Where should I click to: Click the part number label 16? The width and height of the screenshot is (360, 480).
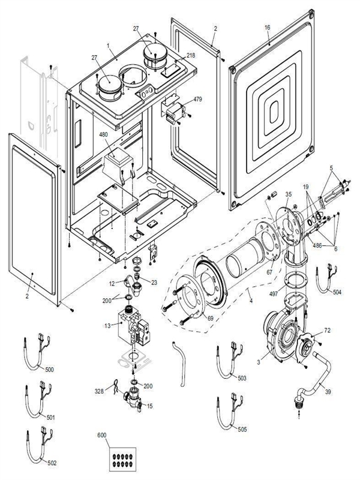[x=267, y=28]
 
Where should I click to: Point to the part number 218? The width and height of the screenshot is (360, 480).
[x=191, y=55]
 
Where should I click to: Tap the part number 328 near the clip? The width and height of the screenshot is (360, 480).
[x=100, y=391]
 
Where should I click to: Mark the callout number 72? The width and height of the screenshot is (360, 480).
[x=327, y=331]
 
